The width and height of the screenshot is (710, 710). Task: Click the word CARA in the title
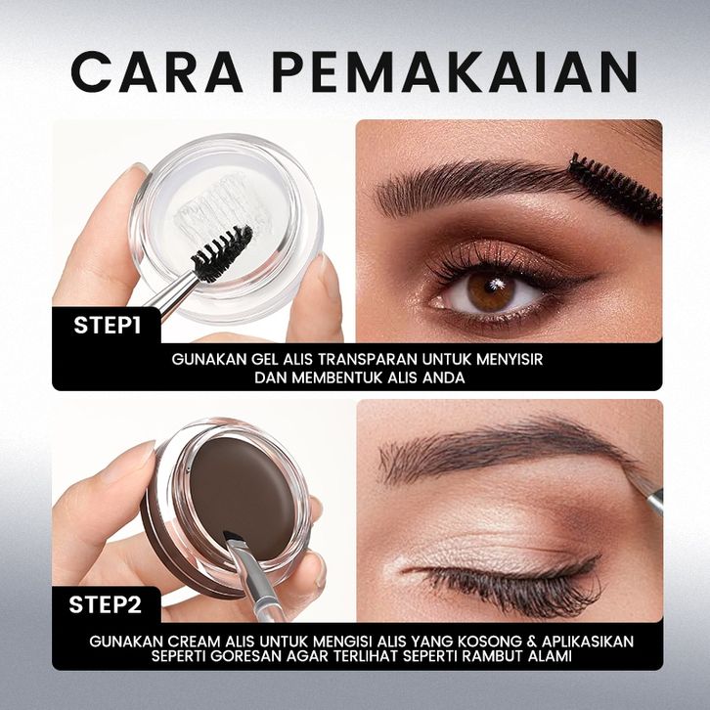tap(156, 72)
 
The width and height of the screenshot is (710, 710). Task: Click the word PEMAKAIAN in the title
tap(455, 72)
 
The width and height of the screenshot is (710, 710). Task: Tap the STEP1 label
tap(108, 326)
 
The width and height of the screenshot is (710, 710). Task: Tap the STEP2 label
tap(105, 604)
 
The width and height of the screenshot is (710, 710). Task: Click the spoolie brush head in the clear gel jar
tap(222, 253)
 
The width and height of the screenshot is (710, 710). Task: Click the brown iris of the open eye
tap(491, 292)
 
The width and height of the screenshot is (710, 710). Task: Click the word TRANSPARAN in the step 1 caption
tap(368, 360)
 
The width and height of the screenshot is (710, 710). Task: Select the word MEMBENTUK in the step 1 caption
tap(336, 377)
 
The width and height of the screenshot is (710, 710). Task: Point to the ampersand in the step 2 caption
tap(532, 642)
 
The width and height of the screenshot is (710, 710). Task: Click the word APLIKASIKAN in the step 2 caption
tap(588, 642)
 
